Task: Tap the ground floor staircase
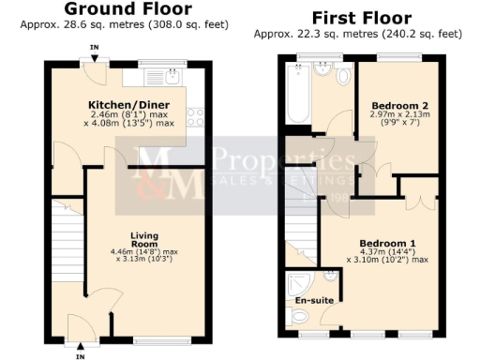pyautogui.click(x=66, y=238)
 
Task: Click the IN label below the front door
pyautogui.click(x=81, y=355)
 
